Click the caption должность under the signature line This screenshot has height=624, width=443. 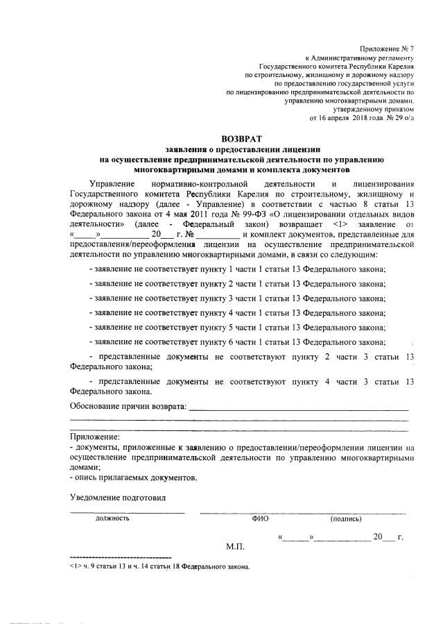pyautogui.click(x=112, y=518)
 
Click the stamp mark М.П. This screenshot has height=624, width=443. pyautogui.click(x=235, y=547)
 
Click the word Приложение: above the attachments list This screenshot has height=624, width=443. pyautogui.click(x=94, y=437)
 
